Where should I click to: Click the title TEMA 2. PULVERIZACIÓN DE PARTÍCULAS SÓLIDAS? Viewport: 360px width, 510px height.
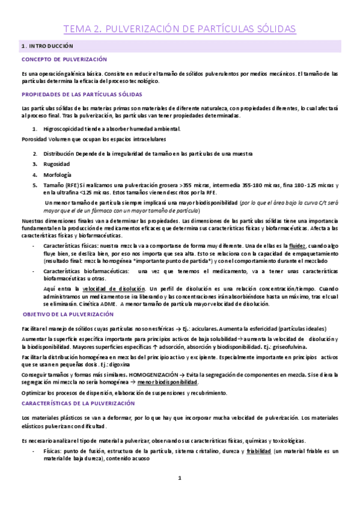click(180, 28)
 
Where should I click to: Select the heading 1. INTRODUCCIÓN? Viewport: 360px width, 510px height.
click(47, 46)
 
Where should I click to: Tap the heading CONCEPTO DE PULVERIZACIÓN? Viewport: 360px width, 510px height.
click(64, 59)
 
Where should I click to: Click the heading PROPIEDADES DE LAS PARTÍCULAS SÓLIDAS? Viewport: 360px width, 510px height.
click(81, 94)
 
